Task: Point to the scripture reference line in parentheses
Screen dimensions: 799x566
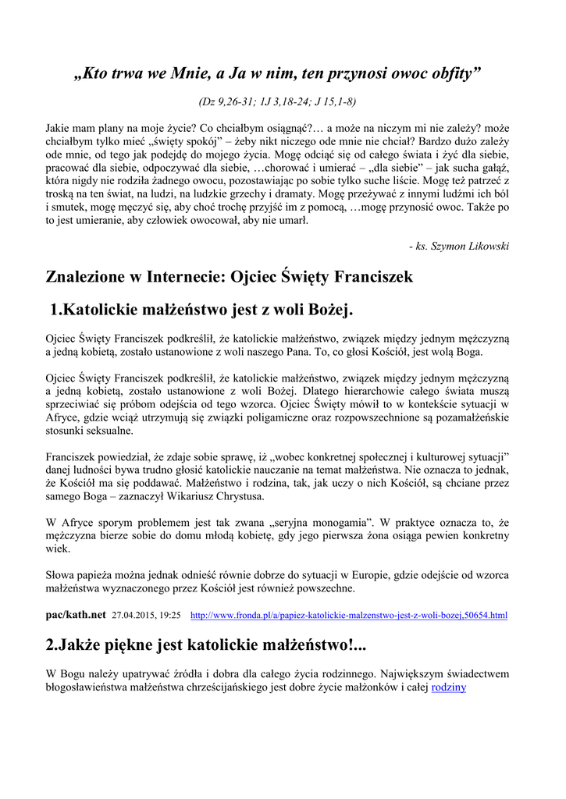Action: (278, 102)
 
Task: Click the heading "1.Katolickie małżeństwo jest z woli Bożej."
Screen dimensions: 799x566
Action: (201, 311)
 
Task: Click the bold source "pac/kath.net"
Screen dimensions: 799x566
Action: (76, 615)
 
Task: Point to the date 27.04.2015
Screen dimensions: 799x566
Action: (135, 616)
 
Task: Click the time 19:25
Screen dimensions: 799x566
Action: (171, 616)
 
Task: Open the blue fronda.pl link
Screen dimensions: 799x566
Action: (348, 616)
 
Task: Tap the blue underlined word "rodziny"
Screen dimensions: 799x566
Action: (448, 687)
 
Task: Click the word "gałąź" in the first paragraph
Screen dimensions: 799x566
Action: (491, 168)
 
